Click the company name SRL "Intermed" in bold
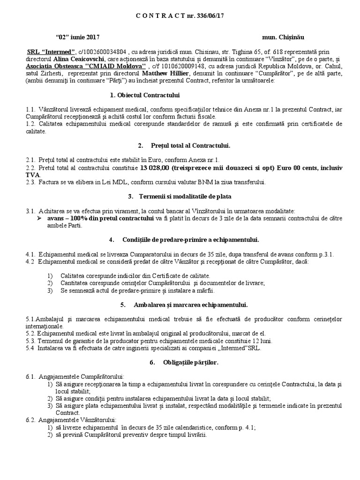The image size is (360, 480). coord(51,52)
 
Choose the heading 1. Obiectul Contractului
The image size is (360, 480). coord(144,96)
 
